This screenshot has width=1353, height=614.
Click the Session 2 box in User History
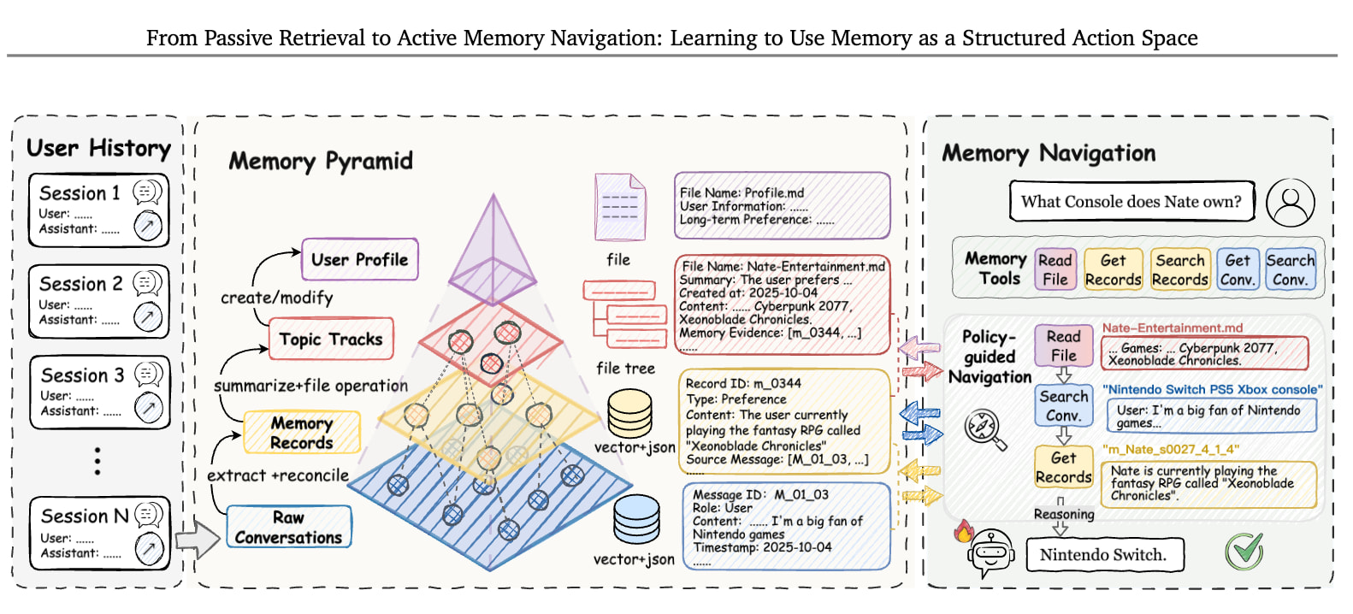click(98, 301)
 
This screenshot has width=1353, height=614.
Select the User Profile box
click(360, 259)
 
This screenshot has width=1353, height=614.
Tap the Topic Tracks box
click(331, 339)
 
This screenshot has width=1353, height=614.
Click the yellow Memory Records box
click(302, 432)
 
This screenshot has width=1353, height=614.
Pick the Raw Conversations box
click(289, 527)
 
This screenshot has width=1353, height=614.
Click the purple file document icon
click(620, 207)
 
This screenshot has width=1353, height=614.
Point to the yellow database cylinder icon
click(630, 413)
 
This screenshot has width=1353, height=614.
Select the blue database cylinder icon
click(636, 519)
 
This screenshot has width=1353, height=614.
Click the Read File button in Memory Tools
click(1055, 269)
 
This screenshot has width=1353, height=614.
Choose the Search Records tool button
click(1180, 269)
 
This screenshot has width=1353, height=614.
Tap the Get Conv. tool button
click(1238, 269)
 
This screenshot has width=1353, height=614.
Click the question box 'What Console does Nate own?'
click(1131, 201)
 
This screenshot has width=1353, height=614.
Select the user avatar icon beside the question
click(1291, 203)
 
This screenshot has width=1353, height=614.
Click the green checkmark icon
click(1244, 551)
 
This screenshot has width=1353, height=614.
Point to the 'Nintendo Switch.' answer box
click(1105, 554)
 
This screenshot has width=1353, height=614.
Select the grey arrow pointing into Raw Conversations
click(198, 539)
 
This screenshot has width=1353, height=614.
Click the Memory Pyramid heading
click(321, 162)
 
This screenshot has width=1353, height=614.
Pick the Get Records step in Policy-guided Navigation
click(1064, 467)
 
